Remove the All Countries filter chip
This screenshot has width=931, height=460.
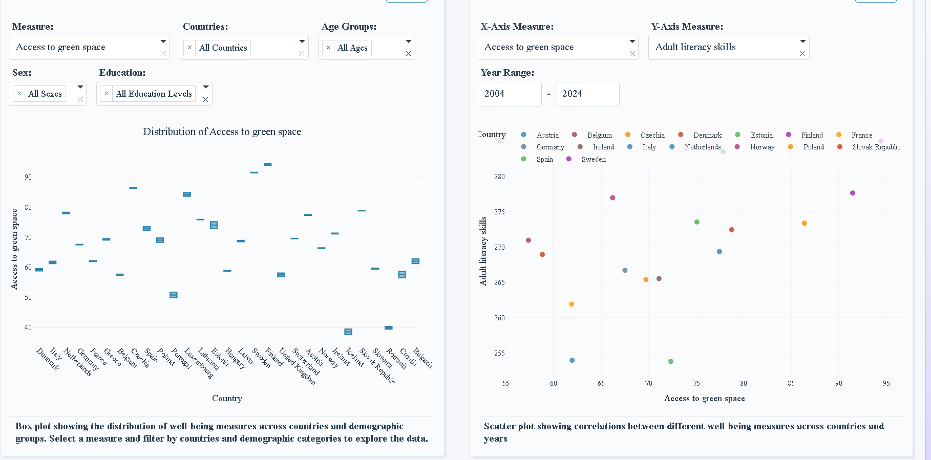coord(190,48)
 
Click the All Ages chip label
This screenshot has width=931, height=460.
coord(352,48)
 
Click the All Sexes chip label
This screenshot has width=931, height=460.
coord(45,94)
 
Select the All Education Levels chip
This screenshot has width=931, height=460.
coord(154,94)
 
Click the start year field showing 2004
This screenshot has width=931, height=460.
coord(509,94)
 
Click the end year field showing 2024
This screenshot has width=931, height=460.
coord(587,94)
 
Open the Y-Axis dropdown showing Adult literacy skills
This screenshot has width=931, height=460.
coord(722,48)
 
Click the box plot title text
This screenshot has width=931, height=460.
coord(222,132)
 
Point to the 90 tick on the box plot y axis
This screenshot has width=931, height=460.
coord(28,177)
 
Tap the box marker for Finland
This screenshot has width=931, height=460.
coord(267,164)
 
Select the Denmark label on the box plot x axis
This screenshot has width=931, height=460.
coord(48,359)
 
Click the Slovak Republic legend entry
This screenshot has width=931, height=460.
coord(876,147)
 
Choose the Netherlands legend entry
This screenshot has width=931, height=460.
coord(702,147)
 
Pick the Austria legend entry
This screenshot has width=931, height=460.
coord(547,136)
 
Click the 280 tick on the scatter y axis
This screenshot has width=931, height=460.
coord(499,177)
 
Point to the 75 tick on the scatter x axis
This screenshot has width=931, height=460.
coord(696,384)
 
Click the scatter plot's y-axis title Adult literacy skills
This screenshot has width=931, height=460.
coord(483,251)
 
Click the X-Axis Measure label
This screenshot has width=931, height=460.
coord(517,27)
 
